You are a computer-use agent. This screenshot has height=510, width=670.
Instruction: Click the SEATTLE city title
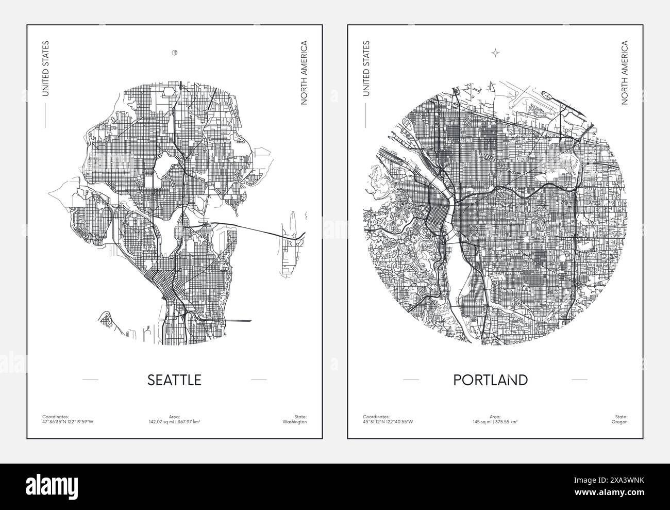(174, 380)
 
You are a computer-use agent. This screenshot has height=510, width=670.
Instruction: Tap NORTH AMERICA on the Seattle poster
(304, 73)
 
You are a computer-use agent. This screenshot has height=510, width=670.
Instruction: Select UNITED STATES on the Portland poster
(366, 69)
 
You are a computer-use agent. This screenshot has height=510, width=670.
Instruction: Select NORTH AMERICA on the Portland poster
(625, 73)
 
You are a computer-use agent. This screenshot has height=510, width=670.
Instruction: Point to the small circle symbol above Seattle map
(174, 52)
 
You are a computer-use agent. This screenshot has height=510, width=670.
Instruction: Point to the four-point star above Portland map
(495, 52)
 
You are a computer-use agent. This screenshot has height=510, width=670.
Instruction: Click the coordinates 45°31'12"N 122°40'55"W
(389, 422)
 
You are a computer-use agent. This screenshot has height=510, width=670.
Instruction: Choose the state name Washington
(296, 422)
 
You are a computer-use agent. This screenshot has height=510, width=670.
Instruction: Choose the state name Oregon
(620, 422)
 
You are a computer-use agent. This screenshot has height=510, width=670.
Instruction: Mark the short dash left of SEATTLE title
(90, 380)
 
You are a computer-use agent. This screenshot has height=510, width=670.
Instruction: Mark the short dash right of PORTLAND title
(579, 380)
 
